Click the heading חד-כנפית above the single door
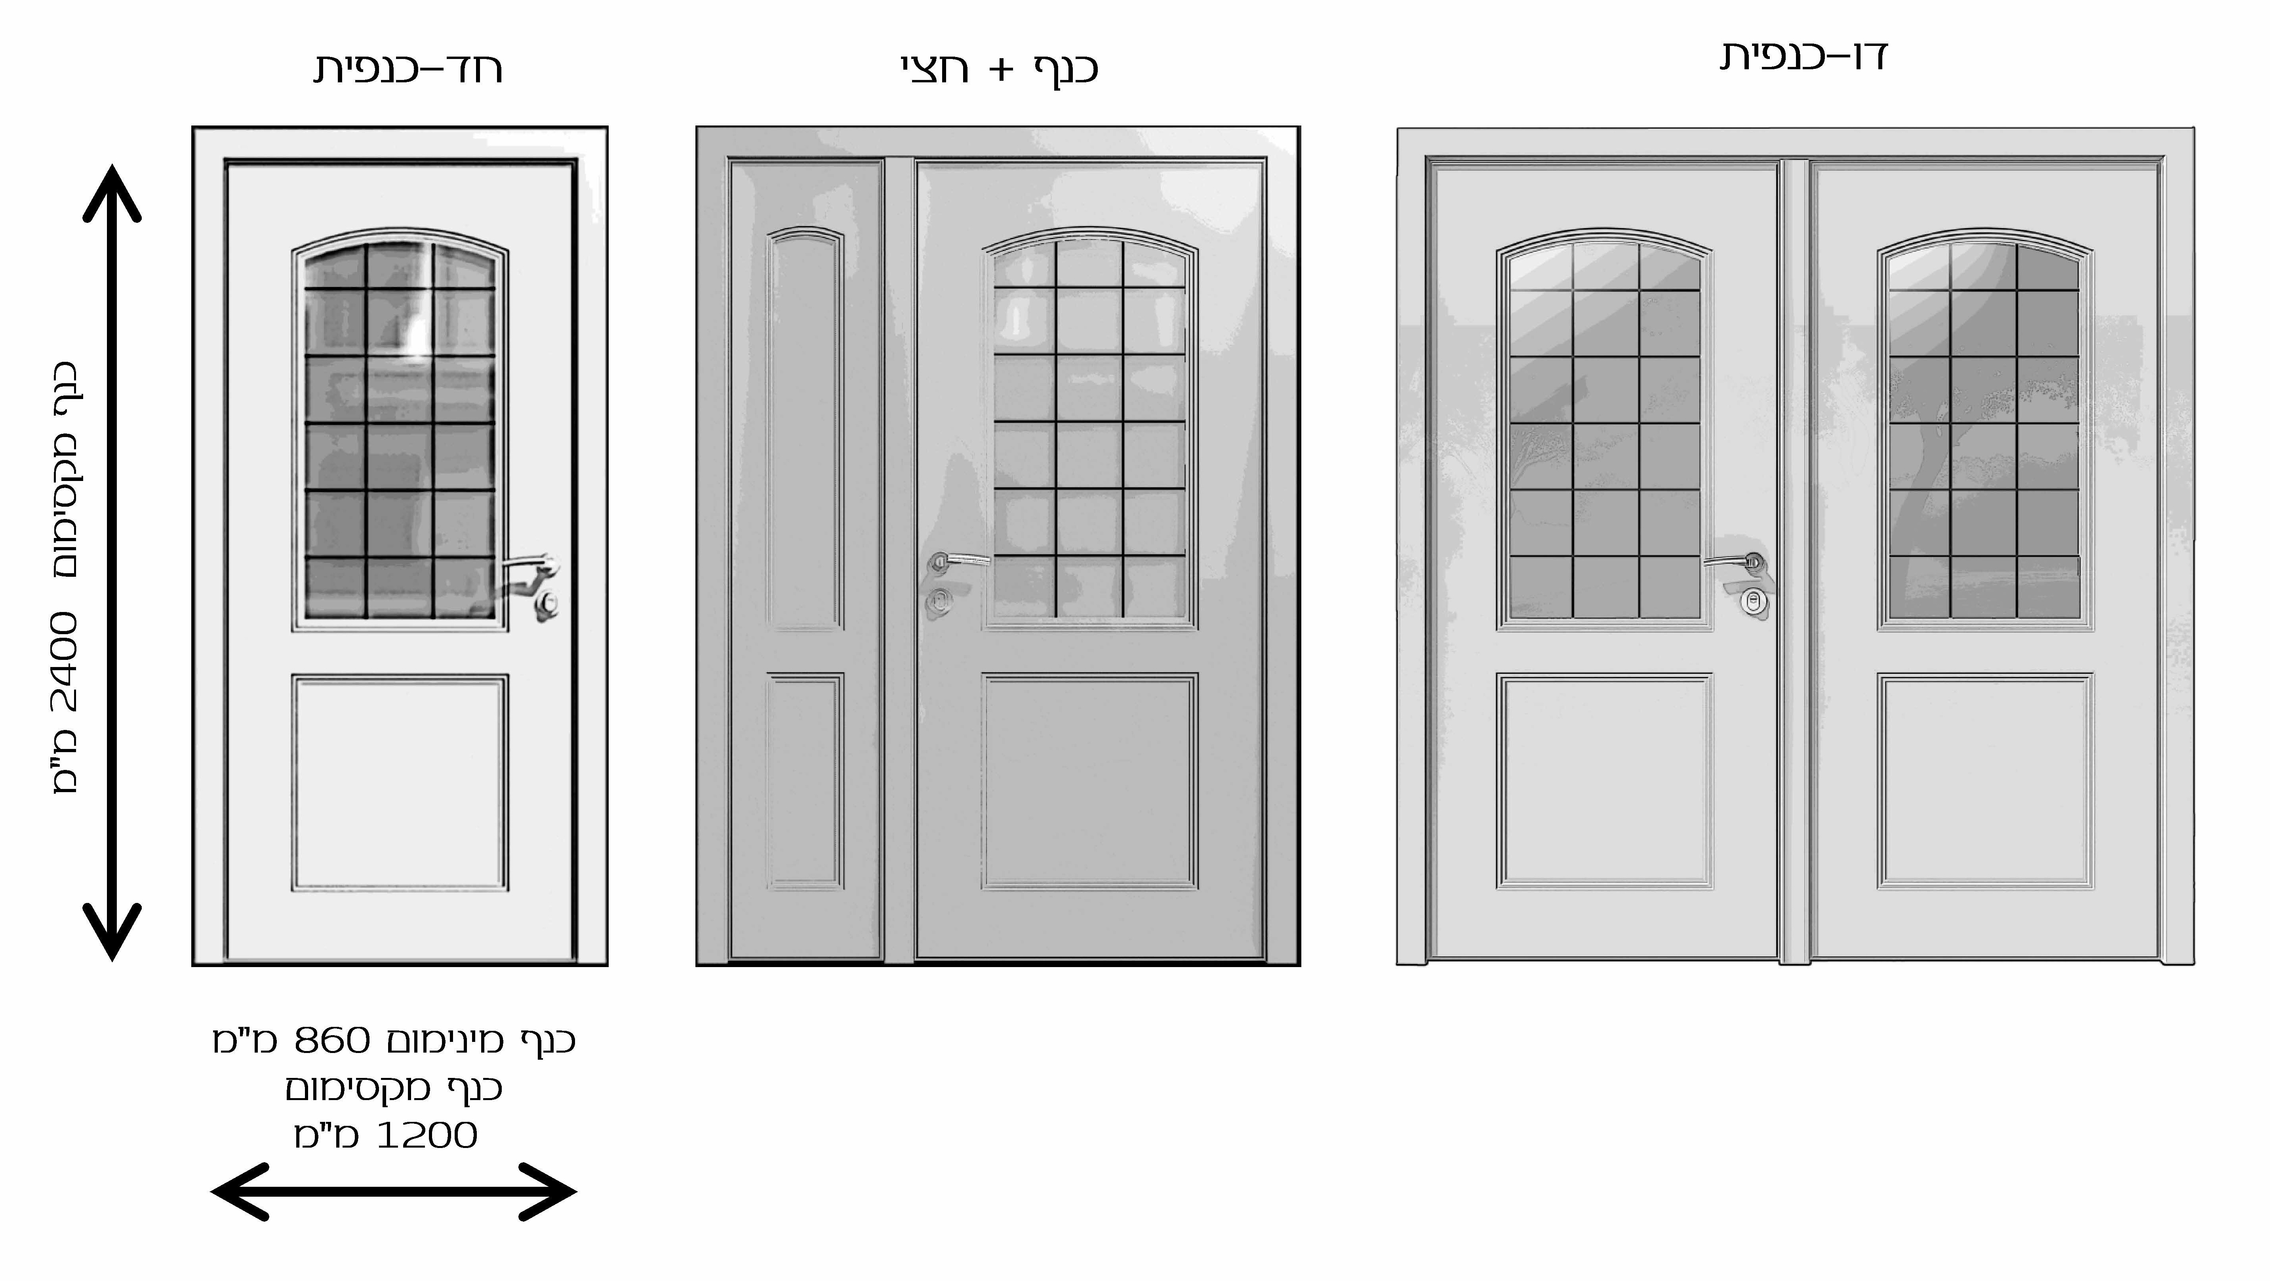click(x=408, y=69)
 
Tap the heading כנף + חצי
click(x=999, y=69)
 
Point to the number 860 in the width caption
click(x=331, y=1040)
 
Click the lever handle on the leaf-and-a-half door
click(x=959, y=560)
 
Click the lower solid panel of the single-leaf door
click(x=400, y=782)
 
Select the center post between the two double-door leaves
click(x=1795, y=560)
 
